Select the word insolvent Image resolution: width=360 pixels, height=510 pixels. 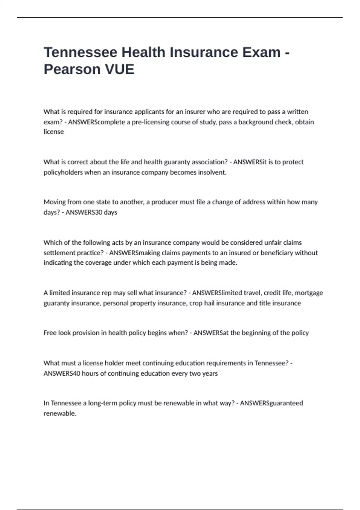click(x=212, y=172)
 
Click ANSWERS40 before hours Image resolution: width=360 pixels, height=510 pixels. click(x=62, y=373)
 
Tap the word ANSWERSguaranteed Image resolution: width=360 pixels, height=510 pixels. click(x=271, y=403)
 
